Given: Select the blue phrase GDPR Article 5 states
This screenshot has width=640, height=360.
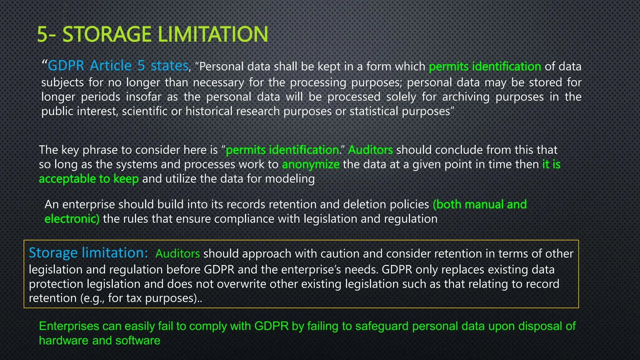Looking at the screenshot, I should click(118, 66).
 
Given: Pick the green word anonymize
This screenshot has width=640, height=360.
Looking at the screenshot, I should click(311, 165).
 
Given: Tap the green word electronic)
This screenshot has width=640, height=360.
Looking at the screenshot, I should click(72, 219).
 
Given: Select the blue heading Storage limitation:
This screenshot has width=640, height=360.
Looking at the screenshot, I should click(88, 253).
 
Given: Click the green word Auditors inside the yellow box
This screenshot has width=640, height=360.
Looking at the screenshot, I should click(177, 254).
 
